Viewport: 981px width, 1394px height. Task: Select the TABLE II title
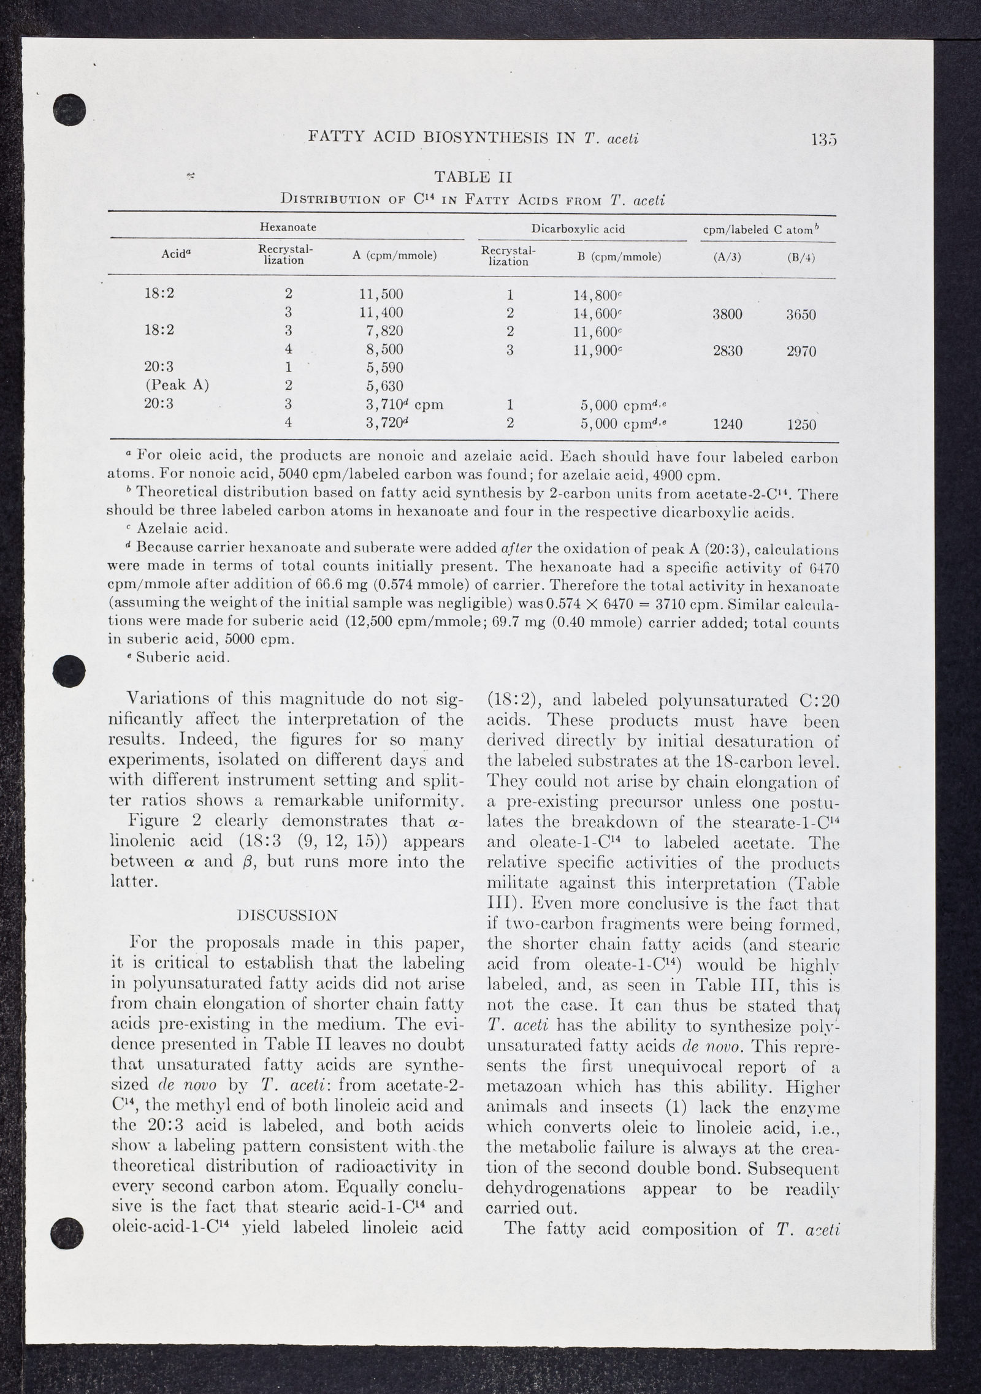[x=473, y=177]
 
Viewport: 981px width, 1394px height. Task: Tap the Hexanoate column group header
[x=288, y=227]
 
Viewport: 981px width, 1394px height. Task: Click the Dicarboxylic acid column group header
[x=578, y=229]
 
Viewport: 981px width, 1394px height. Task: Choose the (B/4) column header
[x=801, y=258]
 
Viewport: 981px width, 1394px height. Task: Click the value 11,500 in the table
[x=381, y=294]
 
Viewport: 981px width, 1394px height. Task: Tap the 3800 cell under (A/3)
[x=728, y=314]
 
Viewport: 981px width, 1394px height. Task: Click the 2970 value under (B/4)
[x=801, y=352]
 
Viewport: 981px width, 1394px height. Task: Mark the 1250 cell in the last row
[x=801, y=425]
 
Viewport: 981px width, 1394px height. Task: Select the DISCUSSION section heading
[x=286, y=916]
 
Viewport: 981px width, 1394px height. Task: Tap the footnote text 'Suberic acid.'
[x=183, y=658]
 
